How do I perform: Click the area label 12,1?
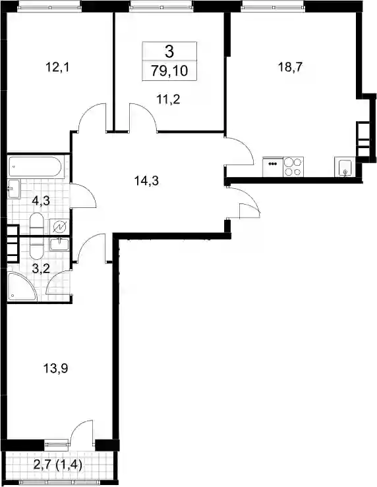point(57,67)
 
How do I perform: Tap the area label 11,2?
point(168,99)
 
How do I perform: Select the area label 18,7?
point(290,67)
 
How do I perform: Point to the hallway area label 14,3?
point(146,180)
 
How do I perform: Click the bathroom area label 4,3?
point(41,201)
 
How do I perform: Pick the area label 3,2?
point(41,269)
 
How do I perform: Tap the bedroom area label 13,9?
point(55,369)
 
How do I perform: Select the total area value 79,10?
point(169,71)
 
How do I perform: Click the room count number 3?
point(169,51)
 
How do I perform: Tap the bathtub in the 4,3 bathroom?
point(36,167)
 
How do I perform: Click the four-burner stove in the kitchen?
point(293,167)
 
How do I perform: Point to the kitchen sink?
point(344,167)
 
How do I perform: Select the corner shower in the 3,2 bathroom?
point(22,286)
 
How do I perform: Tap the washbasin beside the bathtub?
point(14,188)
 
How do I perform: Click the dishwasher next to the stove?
point(273,167)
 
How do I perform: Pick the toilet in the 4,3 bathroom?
point(36,223)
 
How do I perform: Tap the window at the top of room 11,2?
point(161,5)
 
